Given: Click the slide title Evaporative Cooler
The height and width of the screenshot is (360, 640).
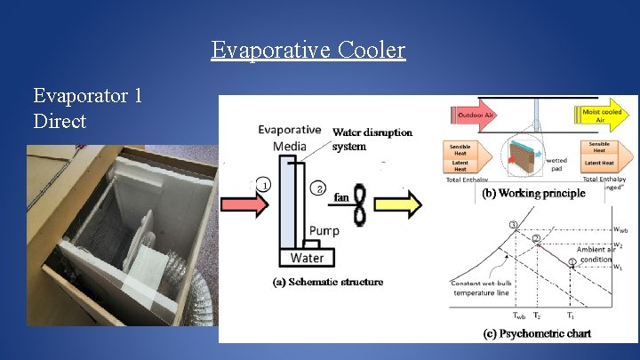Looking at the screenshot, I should click(x=308, y=50).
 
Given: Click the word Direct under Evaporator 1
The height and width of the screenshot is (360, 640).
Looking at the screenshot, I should click(x=60, y=121).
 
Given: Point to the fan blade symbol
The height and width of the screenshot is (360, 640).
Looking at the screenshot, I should click(x=359, y=205).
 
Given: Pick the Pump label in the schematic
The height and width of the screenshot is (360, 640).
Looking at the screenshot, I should click(x=324, y=232).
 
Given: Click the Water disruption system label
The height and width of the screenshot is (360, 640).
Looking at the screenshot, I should click(x=372, y=140).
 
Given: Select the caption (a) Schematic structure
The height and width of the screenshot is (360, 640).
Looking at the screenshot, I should click(x=328, y=282).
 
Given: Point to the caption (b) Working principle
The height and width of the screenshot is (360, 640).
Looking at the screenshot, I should click(x=533, y=193).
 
